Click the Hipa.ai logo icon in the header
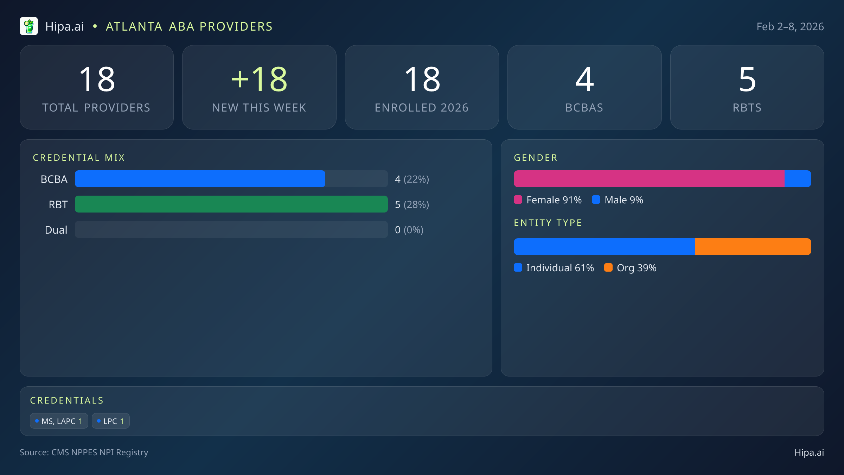29,26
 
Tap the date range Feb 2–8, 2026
790,27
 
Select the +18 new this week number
259,80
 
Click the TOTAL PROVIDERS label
96,108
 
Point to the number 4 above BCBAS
584,80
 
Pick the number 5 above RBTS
747,80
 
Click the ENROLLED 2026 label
422,108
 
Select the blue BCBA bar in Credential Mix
200,179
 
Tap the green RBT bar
231,204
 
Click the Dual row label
56,230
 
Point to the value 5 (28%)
412,204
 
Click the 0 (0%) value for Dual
409,230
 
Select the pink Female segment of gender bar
649,179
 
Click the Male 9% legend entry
618,200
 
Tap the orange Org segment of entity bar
753,247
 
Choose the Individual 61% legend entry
554,268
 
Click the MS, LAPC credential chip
59,421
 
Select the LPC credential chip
111,421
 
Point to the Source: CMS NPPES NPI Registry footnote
84,452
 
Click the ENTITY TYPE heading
548,223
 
